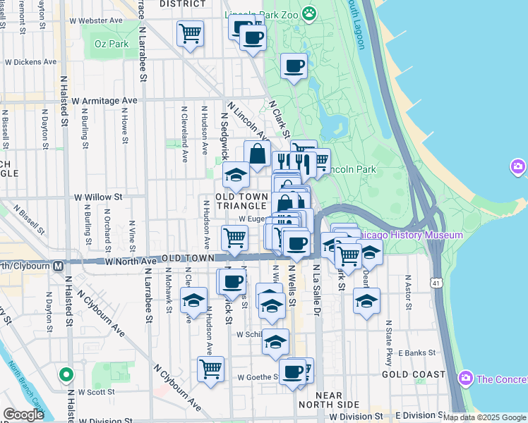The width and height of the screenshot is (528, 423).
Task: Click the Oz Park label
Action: [112, 44]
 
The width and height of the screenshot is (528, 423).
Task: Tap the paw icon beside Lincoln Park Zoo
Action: [309, 13]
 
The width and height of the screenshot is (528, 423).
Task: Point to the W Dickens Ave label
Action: [30, 62]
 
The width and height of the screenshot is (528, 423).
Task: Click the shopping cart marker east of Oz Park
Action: [190, 32]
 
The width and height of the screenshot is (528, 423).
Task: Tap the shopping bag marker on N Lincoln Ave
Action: [258, 153]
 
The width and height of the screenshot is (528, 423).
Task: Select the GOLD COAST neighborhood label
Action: [414, 374]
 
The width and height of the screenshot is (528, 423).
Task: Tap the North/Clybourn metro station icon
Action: [58, 266]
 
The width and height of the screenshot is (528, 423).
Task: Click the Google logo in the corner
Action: [23, 415]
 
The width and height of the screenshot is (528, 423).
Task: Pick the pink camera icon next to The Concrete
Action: [465, 379]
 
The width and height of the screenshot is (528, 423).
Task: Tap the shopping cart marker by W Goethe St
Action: [210, 369]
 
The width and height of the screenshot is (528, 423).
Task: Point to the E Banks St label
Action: [418, 352]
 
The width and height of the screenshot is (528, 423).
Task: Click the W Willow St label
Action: [98, 197]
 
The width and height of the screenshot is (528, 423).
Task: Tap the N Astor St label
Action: [407, 296]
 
